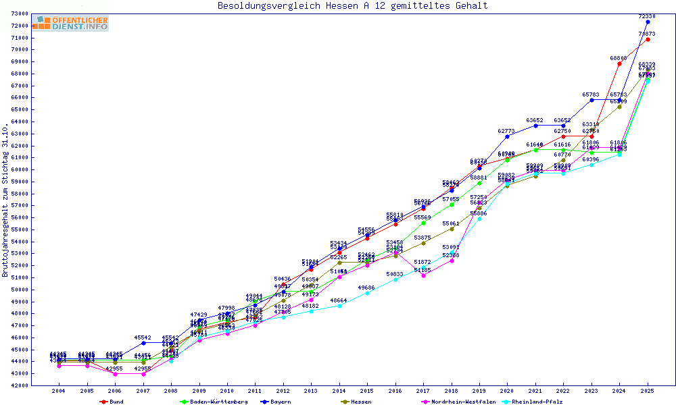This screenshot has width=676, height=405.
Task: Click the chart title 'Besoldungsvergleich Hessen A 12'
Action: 352,6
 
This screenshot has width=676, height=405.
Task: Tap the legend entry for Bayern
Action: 279,402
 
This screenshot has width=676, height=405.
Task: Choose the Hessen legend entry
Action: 360,402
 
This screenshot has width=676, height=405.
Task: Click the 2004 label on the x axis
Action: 59,391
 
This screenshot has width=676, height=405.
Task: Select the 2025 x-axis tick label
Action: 647,391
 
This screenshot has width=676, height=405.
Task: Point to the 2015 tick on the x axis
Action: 367,391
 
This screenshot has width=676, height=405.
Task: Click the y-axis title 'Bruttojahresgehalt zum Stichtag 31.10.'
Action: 5,200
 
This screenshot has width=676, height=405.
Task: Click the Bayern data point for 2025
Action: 648,22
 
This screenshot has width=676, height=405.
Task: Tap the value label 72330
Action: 647,16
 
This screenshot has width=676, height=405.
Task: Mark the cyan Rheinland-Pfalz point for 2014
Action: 339,306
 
